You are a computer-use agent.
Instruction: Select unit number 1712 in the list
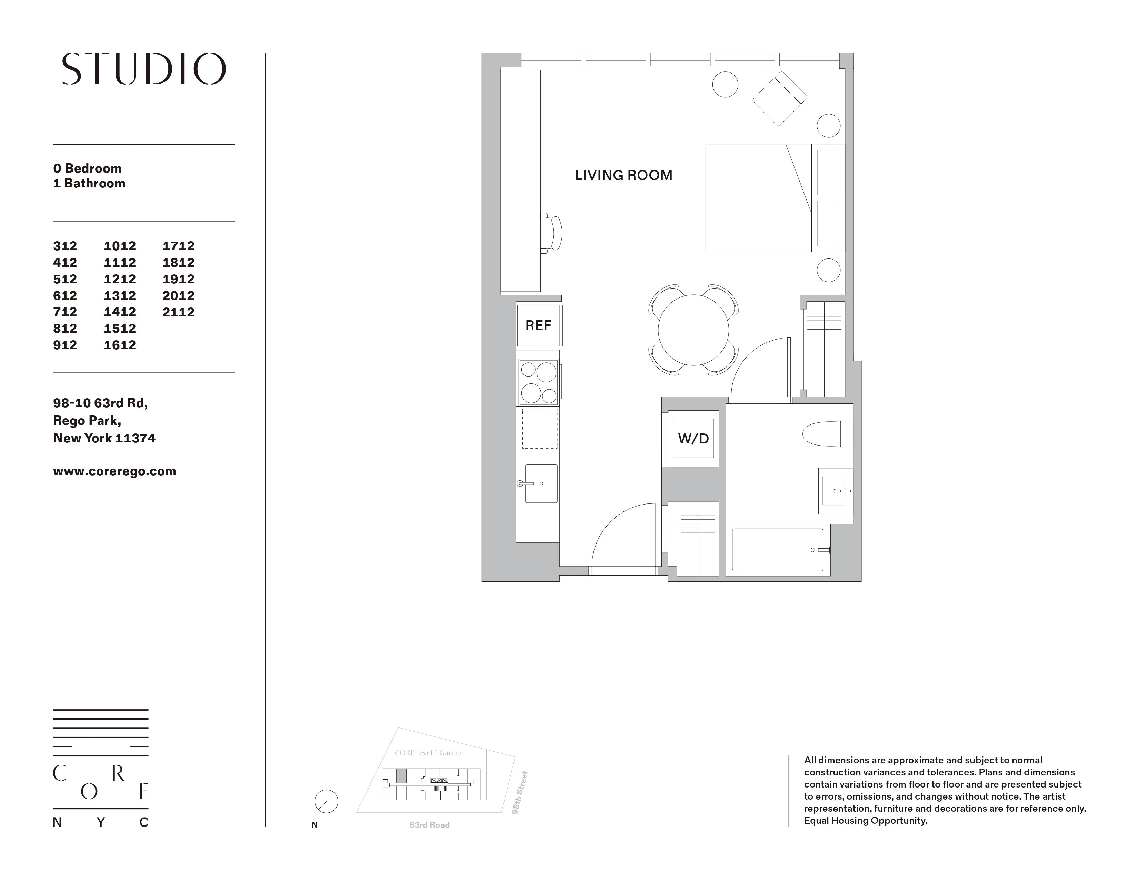click(x=178, y=246)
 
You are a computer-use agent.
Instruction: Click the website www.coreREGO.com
click(x=114, y=471)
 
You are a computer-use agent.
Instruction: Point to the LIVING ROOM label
click(x=623, y=175)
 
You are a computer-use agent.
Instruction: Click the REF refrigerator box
click(x=538, y=326)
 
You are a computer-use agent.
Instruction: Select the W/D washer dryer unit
click(x=693, y=438)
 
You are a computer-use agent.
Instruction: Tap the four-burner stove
click(x=538, y=383)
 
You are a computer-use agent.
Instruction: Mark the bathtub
click(x=777, y=550)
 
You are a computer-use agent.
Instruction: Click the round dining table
click(x=693, y=330)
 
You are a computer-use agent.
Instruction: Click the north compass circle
click(x=326, y=801)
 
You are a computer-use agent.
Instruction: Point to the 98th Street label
click(x=520, y=792)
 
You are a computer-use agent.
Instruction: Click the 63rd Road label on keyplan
click(x=429, y=825)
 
